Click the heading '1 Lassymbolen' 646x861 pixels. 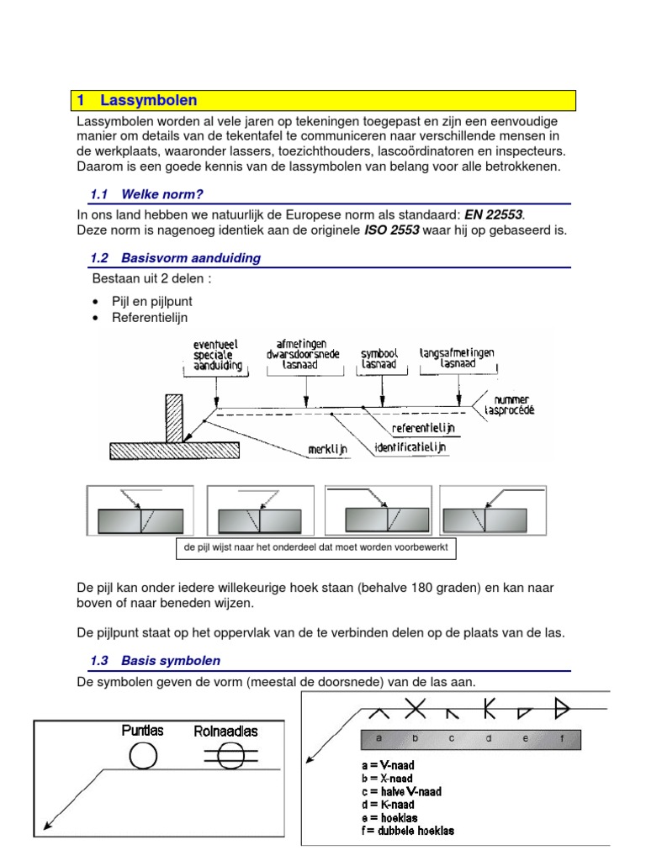coord(137,101)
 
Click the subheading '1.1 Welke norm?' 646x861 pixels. coord(148,194)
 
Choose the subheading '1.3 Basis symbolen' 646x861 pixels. coord(155,661)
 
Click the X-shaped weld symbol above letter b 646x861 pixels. coord(415,710)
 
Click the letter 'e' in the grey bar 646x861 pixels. coord(523,739)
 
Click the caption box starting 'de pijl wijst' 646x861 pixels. coord(316,548)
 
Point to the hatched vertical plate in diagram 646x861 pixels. coord(175,417)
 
